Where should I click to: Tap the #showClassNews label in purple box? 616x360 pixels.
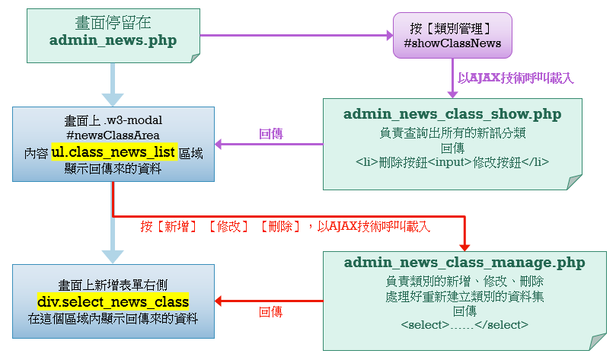coord(452,43)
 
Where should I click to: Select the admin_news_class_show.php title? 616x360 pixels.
coord(452,114)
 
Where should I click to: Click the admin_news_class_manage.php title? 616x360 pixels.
coord(464,263)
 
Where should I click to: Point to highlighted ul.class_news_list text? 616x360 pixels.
coord(114,152)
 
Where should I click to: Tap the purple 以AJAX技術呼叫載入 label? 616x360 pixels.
coord(515,78)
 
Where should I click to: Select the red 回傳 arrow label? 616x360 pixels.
coord(271,311)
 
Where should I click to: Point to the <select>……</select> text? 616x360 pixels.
coord(464,325)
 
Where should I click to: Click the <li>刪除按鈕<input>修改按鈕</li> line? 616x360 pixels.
coord(452,162)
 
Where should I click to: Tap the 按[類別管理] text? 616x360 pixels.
coord(452,29)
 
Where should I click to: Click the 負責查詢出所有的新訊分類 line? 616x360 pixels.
coord(452,132)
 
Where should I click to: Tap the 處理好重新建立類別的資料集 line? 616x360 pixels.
coord(464,296)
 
